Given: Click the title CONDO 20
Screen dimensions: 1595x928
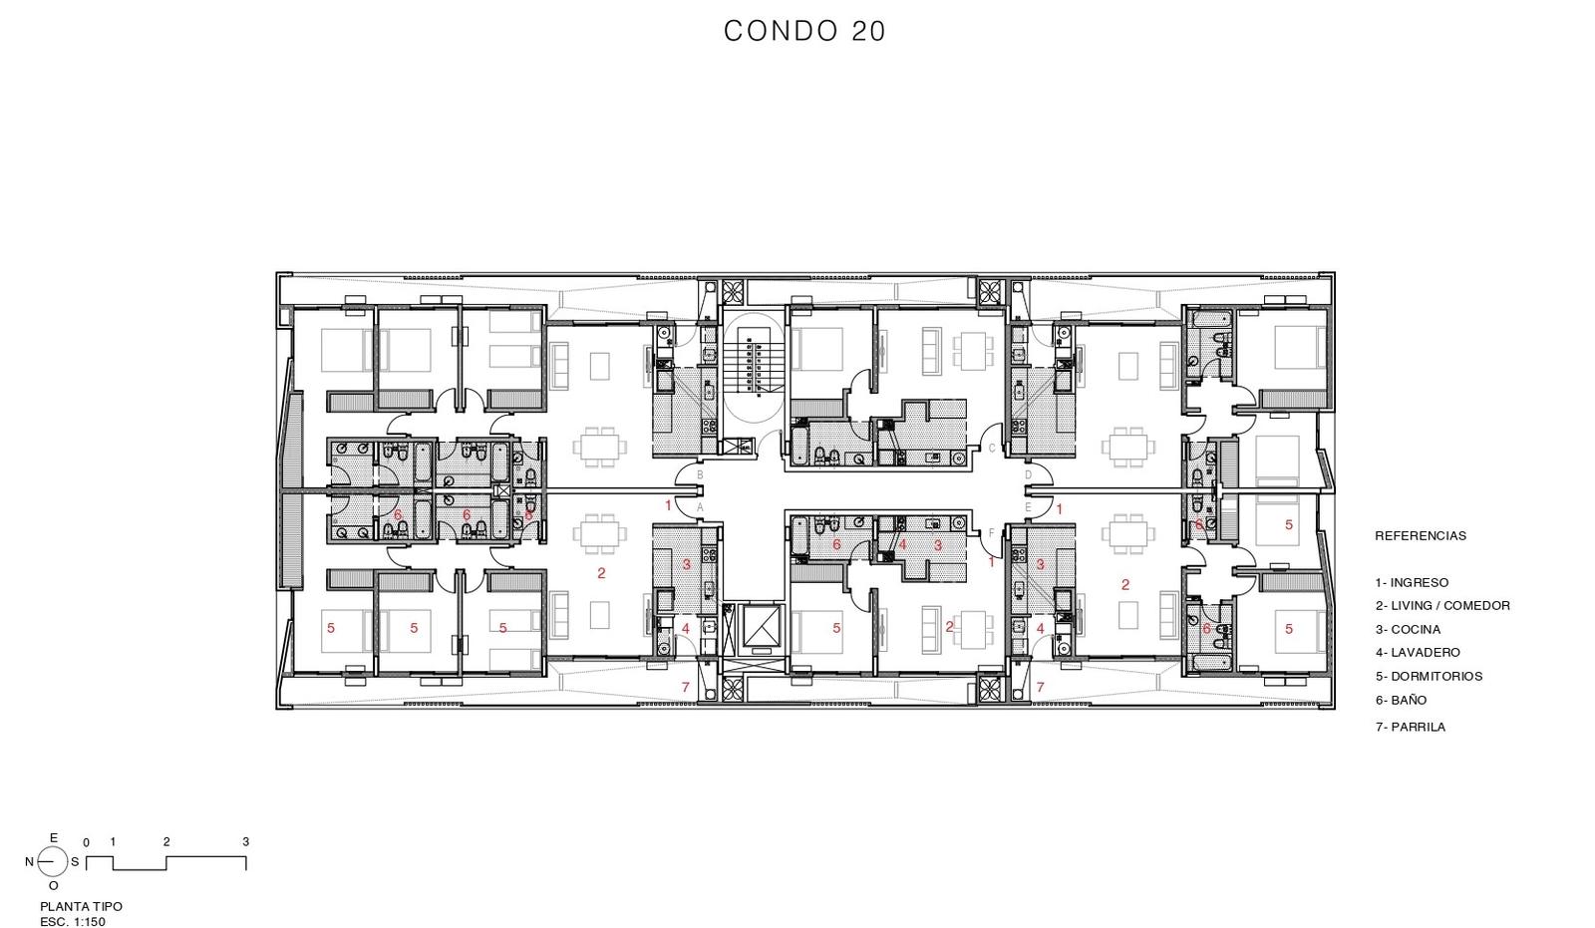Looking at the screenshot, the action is (804, 31).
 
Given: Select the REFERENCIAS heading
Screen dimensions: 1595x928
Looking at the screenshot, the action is (1420, 535).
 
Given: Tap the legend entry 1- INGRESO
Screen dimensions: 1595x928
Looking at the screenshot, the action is (1412, 582).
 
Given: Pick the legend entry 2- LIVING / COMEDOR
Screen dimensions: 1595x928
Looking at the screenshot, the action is (1441, 605).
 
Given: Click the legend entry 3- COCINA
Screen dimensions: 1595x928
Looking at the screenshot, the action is (1408, 630).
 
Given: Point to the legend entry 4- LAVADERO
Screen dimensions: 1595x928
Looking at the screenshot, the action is (1417, 652).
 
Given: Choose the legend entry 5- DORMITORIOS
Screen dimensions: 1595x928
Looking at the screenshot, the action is (1429, 677).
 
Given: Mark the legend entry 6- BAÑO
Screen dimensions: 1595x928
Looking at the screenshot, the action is (1401, 700).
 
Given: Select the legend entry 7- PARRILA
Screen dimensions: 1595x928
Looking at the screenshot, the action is (1410, 728).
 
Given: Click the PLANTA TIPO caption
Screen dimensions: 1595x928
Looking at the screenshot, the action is (81, 907).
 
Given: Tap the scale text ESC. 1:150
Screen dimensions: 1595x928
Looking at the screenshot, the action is (73, 922).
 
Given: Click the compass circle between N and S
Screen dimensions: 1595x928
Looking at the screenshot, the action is (53, 862).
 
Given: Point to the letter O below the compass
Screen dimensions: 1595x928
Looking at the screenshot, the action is (54, 886).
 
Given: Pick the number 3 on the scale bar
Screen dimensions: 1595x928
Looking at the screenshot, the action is (245, 842).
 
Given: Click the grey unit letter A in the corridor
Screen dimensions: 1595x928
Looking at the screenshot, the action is (700, 507).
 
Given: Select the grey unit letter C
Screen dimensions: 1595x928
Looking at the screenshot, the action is (991, 449).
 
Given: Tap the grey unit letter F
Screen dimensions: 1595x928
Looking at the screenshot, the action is (991, 532).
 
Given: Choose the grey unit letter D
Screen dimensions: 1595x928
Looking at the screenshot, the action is (1028, 474).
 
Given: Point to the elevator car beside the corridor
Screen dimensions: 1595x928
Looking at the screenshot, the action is (762, 627).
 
